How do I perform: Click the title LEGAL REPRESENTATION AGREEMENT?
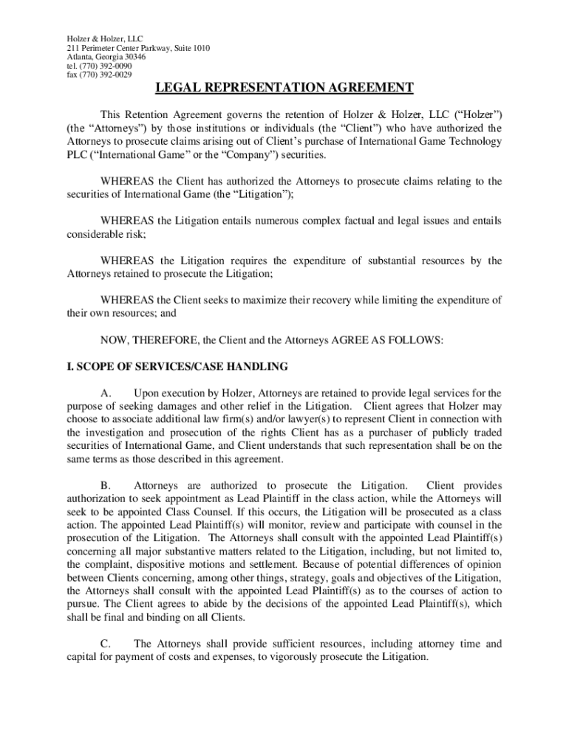tap(284, 89)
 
